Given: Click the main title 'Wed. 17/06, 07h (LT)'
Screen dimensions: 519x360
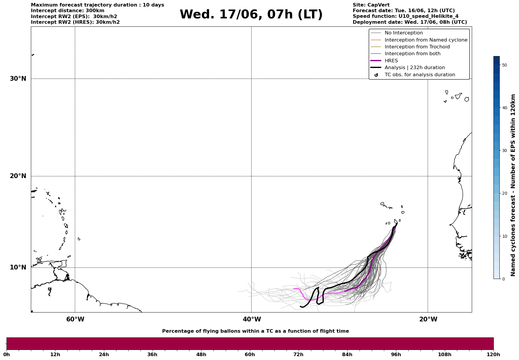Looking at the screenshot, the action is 251,15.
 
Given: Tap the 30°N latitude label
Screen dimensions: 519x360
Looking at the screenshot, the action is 18,79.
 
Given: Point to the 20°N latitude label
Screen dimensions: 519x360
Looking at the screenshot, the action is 18,176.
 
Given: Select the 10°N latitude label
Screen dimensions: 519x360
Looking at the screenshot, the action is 18,267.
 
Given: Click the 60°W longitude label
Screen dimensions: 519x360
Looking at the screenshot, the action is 75,319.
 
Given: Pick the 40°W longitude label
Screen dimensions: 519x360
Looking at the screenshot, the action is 252,319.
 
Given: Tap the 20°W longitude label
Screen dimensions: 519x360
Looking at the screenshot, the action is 428,319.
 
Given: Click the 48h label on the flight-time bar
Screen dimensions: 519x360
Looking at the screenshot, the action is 201,355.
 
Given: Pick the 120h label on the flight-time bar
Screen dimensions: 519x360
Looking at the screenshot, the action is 493,355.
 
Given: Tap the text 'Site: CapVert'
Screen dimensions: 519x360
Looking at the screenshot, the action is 371,5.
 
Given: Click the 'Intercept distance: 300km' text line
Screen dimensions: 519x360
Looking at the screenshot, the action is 68,11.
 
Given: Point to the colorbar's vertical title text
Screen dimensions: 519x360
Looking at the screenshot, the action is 513,185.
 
